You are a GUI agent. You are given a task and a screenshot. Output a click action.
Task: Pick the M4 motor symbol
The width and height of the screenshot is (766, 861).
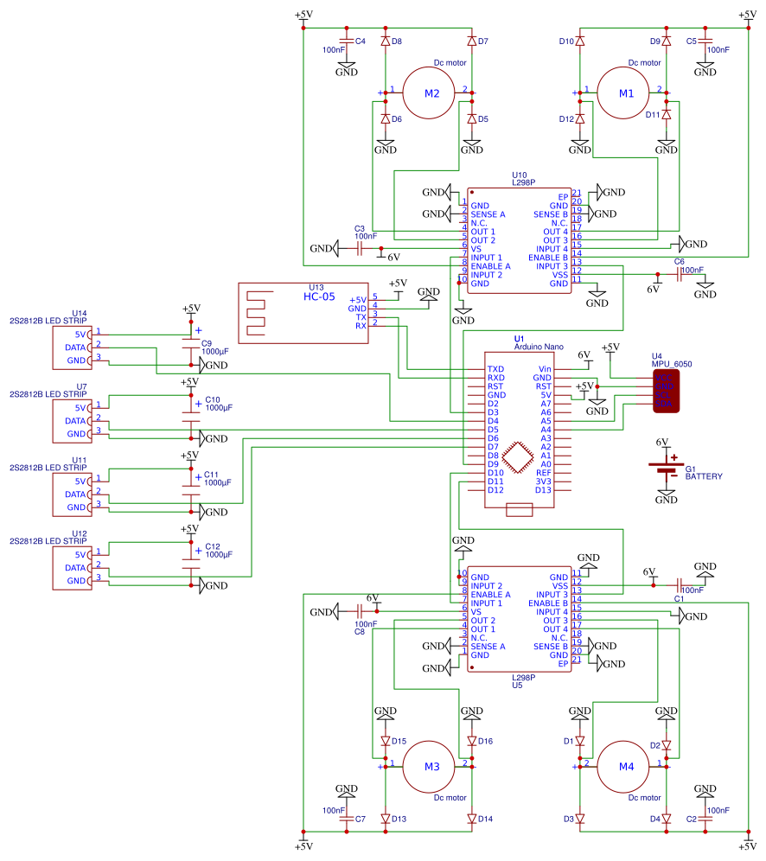626,767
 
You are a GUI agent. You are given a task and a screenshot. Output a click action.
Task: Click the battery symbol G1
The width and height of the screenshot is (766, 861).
666,467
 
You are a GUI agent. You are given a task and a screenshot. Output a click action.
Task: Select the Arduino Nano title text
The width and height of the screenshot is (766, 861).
538,347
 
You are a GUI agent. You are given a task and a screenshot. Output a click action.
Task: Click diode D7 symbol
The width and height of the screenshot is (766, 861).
471,41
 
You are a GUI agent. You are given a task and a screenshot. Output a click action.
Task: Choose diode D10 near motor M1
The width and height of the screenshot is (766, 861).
580,41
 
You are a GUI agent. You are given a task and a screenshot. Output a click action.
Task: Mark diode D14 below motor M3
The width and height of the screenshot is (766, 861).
471,819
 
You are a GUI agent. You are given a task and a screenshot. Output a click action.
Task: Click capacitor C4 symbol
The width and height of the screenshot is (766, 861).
346,41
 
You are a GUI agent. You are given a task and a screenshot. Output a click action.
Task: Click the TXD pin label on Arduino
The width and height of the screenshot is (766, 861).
495,369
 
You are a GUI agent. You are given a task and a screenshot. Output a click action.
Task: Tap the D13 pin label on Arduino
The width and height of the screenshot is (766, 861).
543,490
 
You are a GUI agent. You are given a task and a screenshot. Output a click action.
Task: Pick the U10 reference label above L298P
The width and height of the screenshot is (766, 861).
520,175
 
